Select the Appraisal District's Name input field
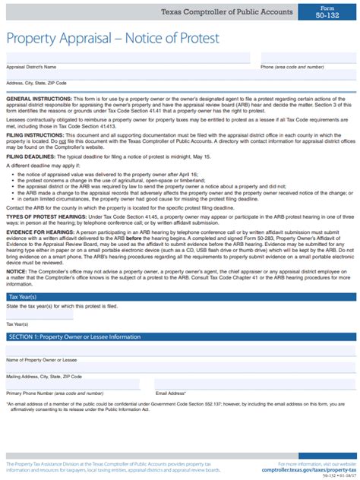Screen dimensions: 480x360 coord(128,58)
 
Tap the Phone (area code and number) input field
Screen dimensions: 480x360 coord(308,58)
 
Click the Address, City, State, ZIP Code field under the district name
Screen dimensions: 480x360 coord(181,74)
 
